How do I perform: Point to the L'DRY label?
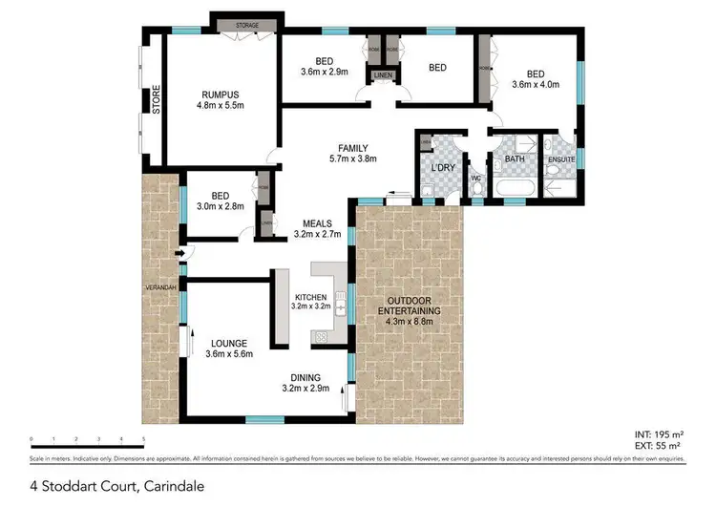(x=442, y=169)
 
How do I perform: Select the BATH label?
(x=515, y=159)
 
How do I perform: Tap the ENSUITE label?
(x=560, y=159)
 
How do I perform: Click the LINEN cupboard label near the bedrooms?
(x=383, y=74)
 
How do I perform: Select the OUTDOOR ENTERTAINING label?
(x=409, y=310)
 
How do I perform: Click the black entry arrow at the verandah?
(x=169, y=252)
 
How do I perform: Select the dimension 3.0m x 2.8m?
(x=220, y=205)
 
